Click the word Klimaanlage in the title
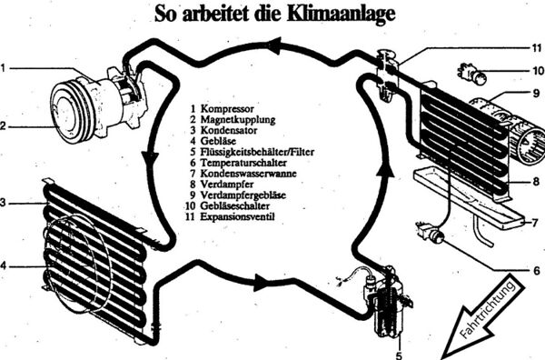342,15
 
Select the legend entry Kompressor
227,109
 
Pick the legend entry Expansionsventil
237,216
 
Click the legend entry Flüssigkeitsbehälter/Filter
257,152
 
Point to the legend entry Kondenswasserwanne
248,174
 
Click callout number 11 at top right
537,48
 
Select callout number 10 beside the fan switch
538,71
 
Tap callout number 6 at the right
538,270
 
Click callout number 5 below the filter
399,355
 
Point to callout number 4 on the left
3,266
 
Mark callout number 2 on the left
3,126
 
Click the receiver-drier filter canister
387,305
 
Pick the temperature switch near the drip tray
431,234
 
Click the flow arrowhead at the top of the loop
274,45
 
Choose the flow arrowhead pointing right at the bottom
261,282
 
